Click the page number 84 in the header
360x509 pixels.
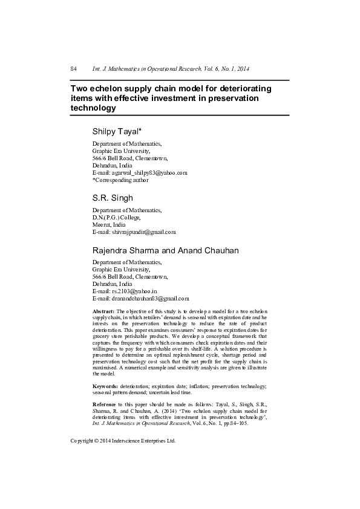click(x=73, y=70)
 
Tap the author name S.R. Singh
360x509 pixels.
click(x=113, y=198)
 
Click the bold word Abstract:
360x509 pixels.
click(x=104, y=310)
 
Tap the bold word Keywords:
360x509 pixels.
click(x=105, y=385)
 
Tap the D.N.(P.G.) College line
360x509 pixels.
click(x=116, y=217)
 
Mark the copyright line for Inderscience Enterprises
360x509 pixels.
click(x=123, y=441)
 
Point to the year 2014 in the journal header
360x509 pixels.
click(x=243, y=70)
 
